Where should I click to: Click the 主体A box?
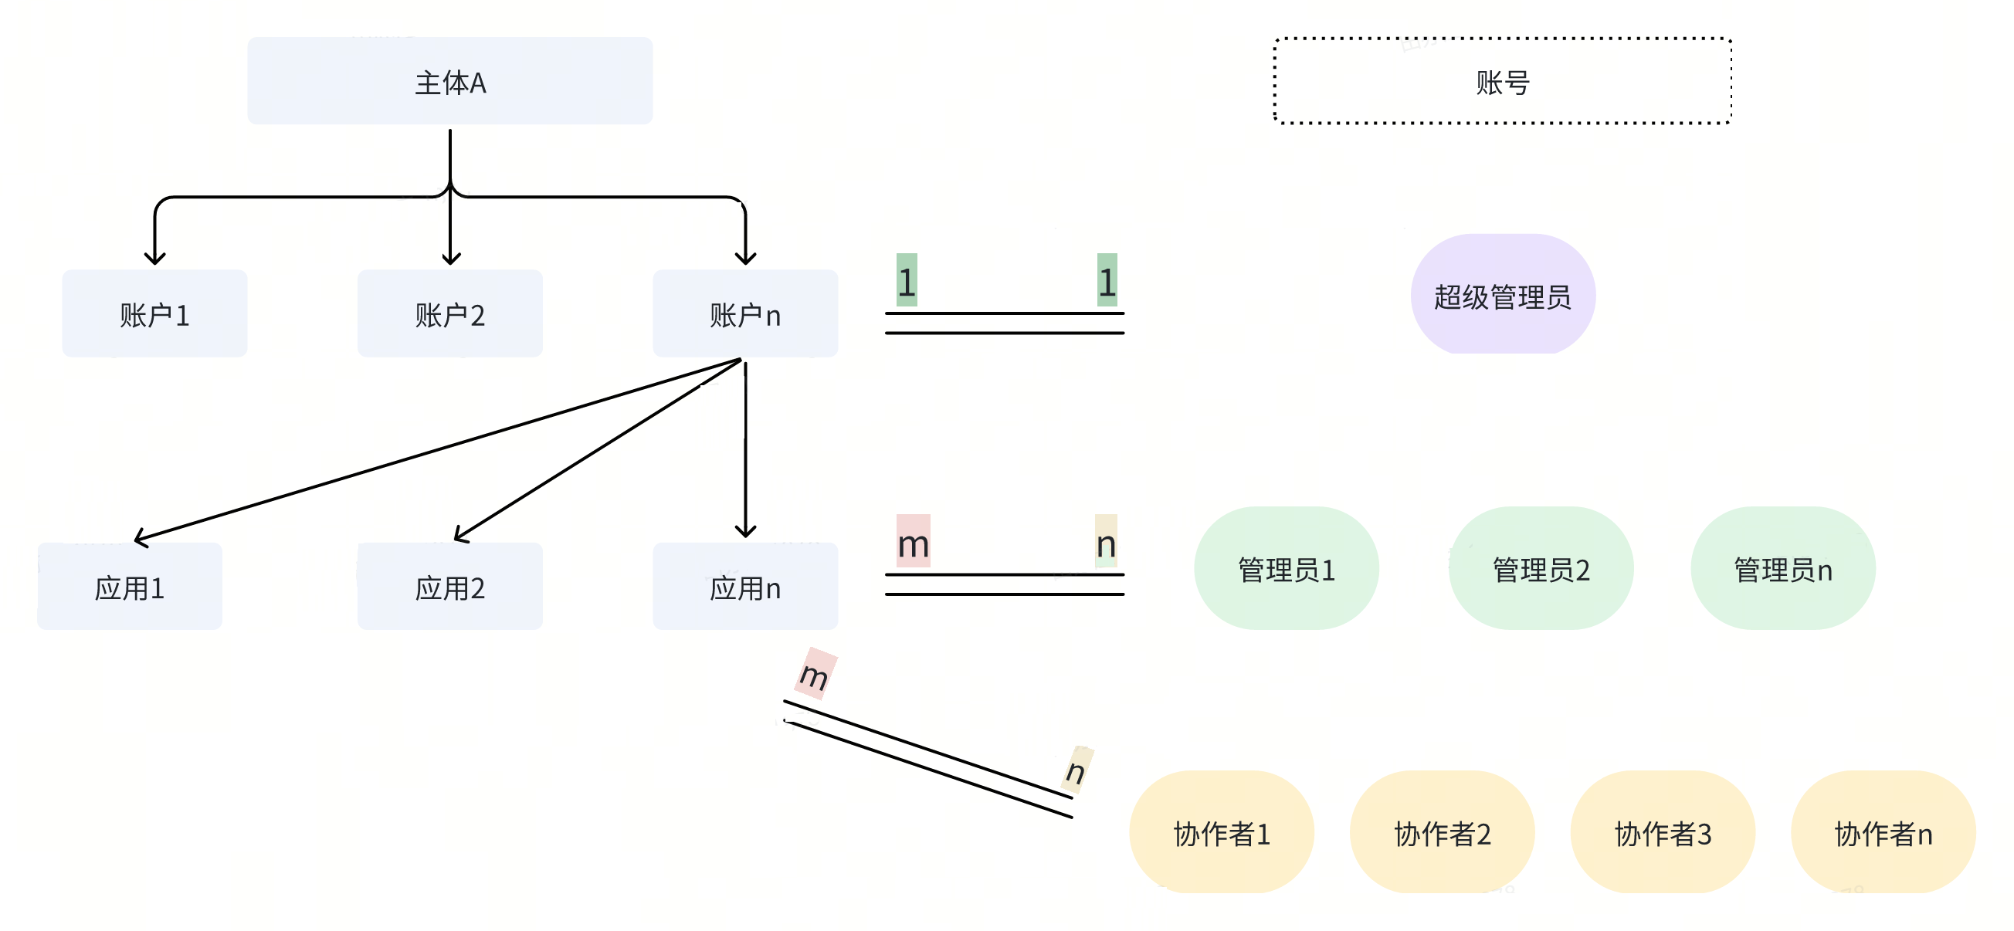449,80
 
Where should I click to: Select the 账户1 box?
154,313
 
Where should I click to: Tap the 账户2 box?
449,313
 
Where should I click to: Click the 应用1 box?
130,586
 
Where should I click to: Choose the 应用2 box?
449,586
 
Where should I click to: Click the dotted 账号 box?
1502,80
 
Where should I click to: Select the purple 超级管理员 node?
1502,295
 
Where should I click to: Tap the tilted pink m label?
815,673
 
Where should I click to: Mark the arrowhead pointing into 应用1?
140,538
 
